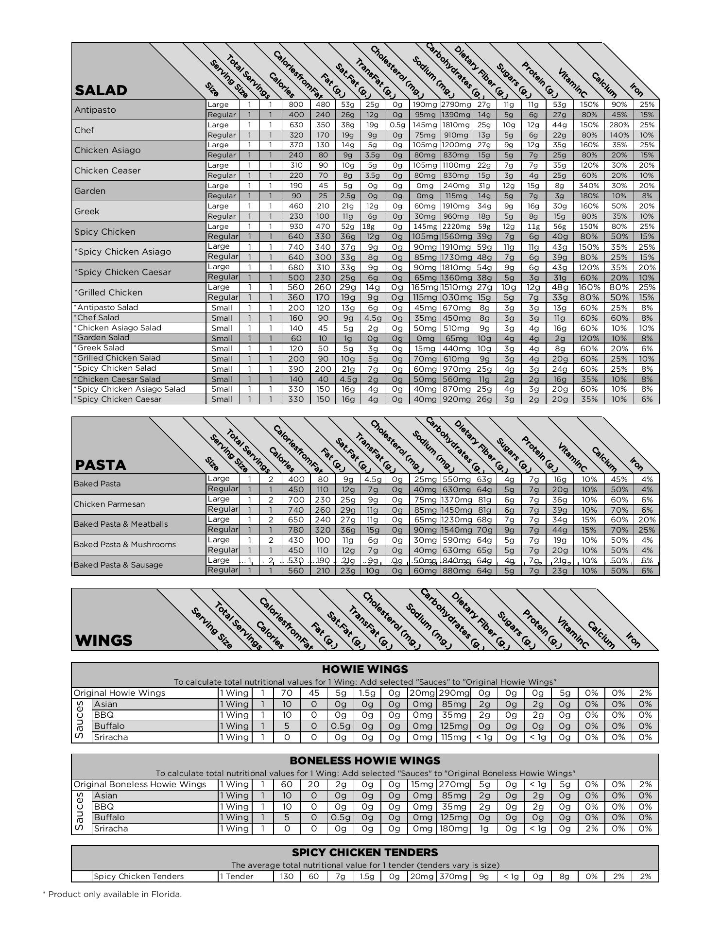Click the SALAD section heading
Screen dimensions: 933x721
[101, 90]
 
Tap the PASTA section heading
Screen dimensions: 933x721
[101, 465]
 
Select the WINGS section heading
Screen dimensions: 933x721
[103, 640]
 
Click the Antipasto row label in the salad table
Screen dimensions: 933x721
[95, 110]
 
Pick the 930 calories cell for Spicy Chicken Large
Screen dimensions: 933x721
[295, 226]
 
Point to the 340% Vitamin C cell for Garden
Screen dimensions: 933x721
[588, 186]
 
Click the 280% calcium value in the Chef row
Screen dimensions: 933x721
[618, 125]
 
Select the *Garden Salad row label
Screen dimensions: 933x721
[102, 338]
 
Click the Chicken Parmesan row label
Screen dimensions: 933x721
[109, 504]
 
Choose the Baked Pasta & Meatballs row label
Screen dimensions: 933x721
[120, 524]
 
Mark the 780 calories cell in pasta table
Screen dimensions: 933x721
[295, 530]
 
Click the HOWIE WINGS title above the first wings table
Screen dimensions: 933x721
[365, 669]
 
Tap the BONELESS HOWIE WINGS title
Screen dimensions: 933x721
[365, 760]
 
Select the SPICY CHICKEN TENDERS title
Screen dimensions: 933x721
[365, 852]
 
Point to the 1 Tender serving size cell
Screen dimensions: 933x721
[237, 877]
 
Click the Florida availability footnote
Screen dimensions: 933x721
[112, 894]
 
